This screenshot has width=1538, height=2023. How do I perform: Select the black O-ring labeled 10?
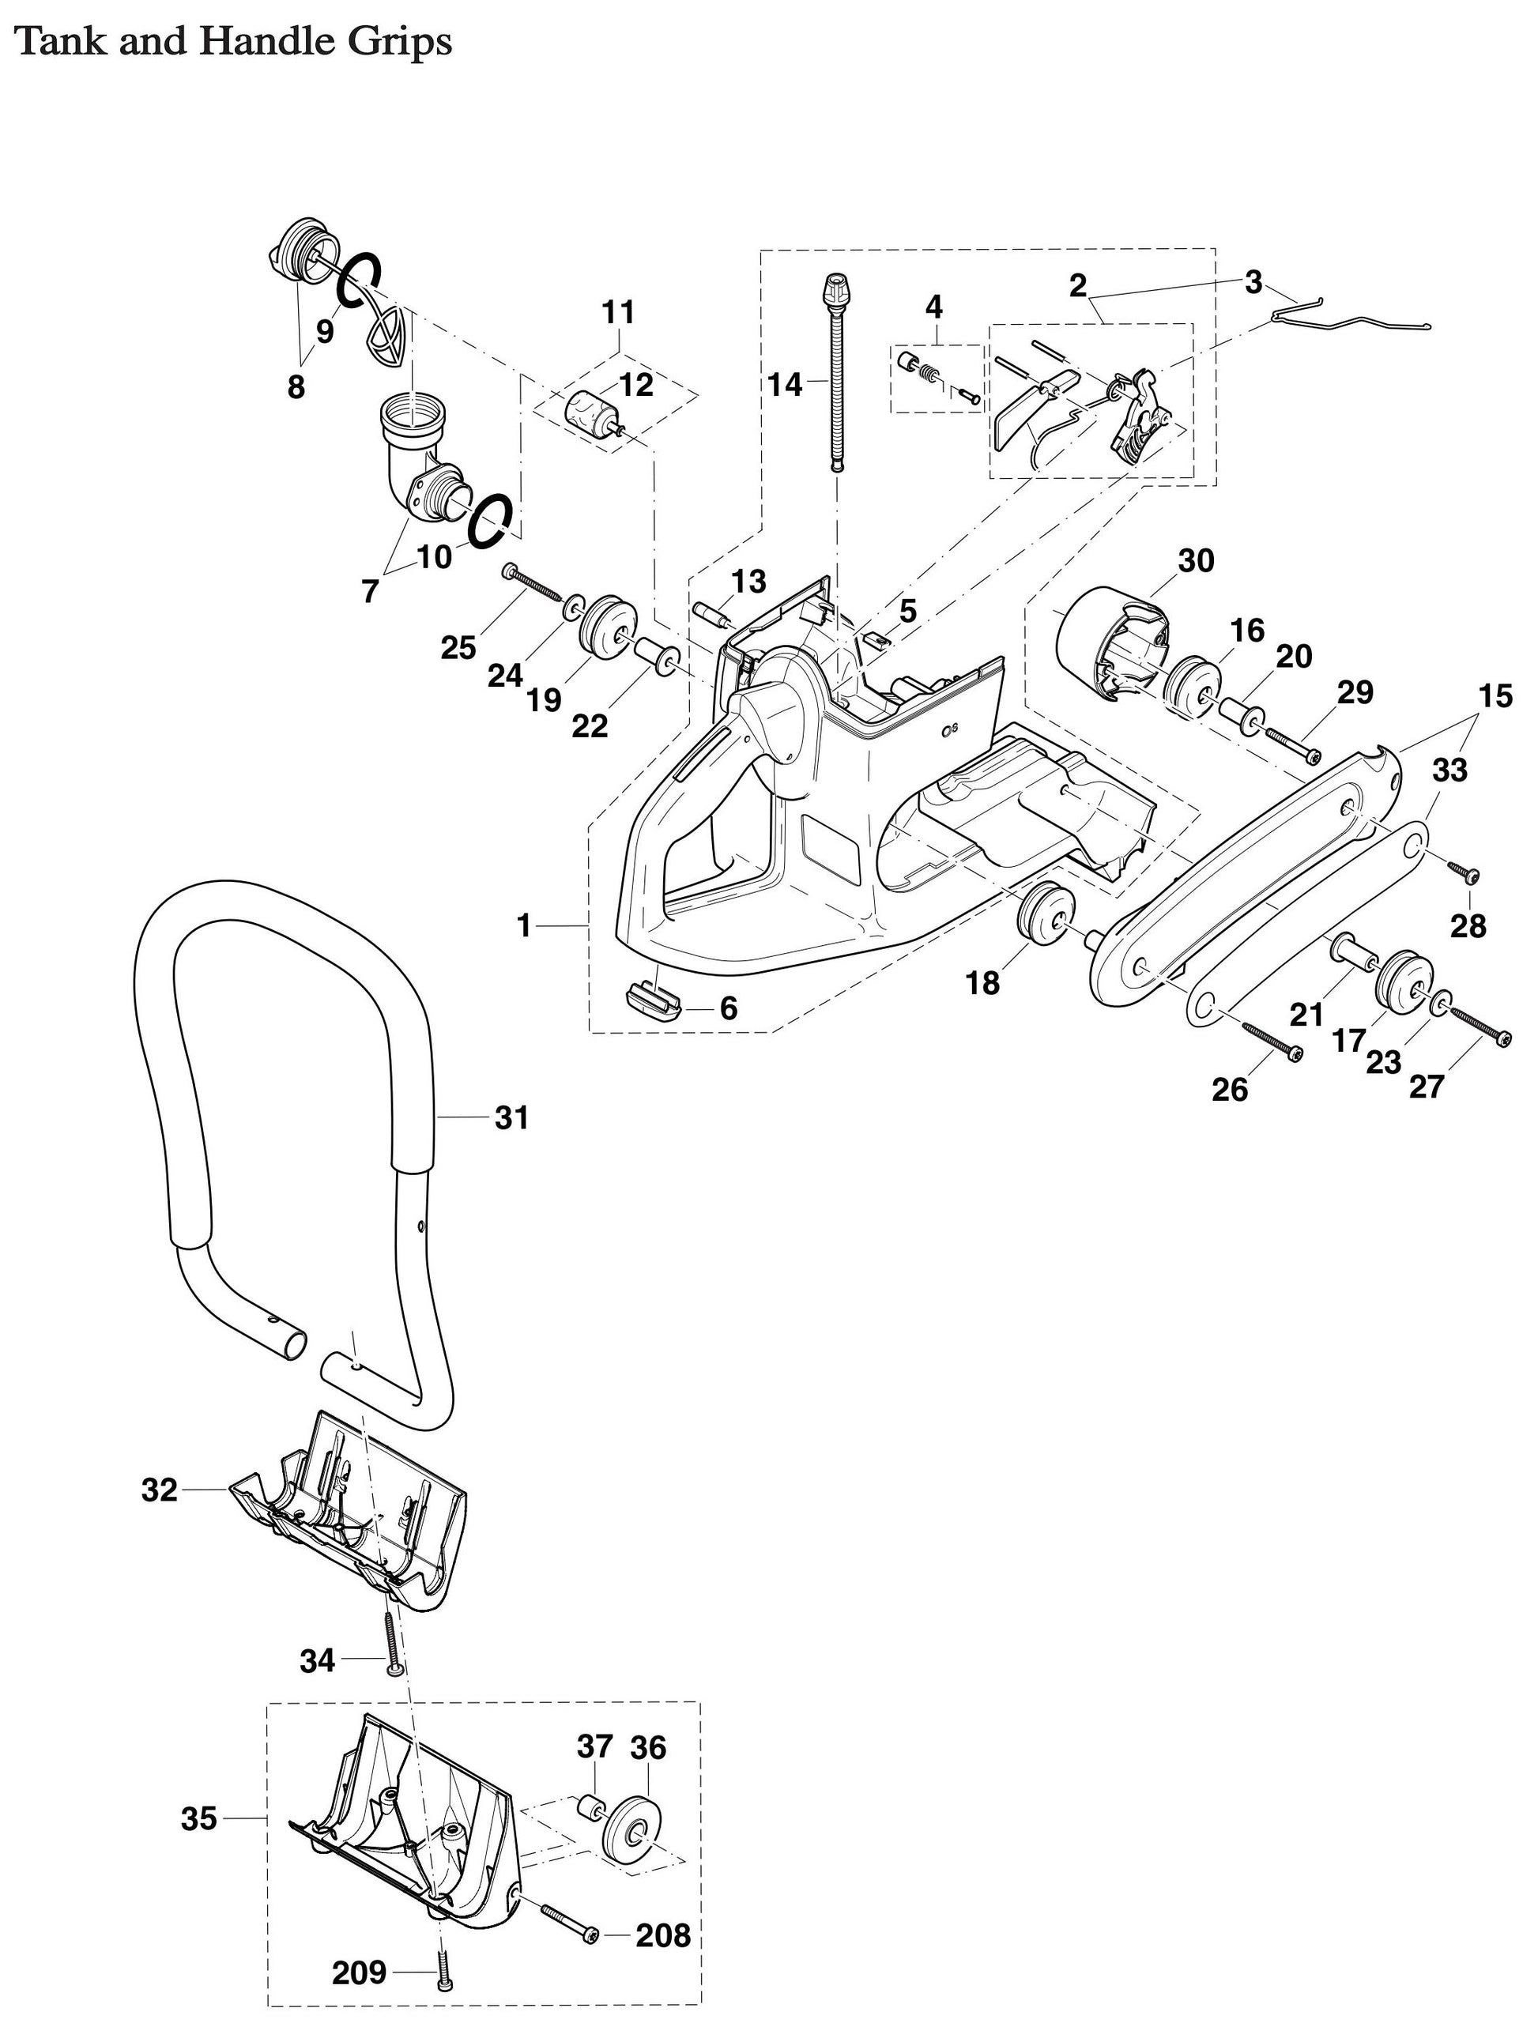[490, 519]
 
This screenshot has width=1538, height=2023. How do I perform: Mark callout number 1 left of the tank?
[524, 926]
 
